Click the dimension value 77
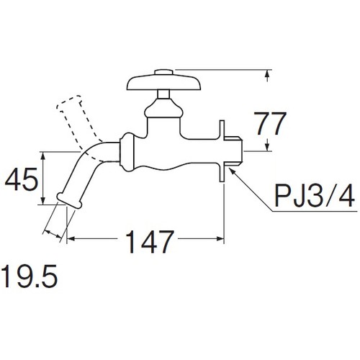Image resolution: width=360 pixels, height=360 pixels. click(270, 124)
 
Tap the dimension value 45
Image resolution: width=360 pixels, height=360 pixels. click(22, 179)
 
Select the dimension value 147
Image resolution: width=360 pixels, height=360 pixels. click(149, 242)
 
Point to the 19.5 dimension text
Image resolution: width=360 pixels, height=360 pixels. click(29, 276)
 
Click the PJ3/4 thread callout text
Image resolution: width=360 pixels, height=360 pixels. click(315, 197)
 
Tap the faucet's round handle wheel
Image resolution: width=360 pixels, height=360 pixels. click(163, 83)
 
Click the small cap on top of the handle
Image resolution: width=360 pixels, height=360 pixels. click(163, 72)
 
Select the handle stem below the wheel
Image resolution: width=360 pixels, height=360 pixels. click(163, 94)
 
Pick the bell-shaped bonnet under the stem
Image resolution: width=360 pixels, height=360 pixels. click(163, 108)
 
